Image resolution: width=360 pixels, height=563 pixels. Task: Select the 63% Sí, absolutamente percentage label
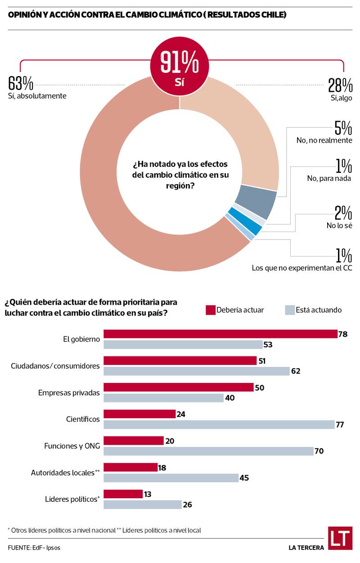point(21,84)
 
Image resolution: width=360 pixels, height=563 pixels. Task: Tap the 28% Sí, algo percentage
point(340,85)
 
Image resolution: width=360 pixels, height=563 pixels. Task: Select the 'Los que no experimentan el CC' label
point(301,268)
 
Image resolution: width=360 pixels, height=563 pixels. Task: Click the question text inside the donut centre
point(180,174)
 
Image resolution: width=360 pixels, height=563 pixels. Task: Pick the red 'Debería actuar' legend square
point(211,310)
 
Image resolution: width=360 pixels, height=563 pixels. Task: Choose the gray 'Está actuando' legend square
point(290,310)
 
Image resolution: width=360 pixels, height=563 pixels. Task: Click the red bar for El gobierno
point(220,334)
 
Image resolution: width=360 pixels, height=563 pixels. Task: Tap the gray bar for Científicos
point(219,424)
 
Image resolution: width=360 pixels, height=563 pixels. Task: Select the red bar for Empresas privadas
point(179,387)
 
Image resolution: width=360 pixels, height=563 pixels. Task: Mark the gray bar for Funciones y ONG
point(208,451)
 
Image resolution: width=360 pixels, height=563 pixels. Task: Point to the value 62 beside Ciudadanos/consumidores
point(295,371)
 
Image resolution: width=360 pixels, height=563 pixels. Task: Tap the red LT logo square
point(340,538)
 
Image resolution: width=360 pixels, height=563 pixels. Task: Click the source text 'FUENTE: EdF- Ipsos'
point(34,548)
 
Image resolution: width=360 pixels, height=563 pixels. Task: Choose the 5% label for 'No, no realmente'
point(343,129)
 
